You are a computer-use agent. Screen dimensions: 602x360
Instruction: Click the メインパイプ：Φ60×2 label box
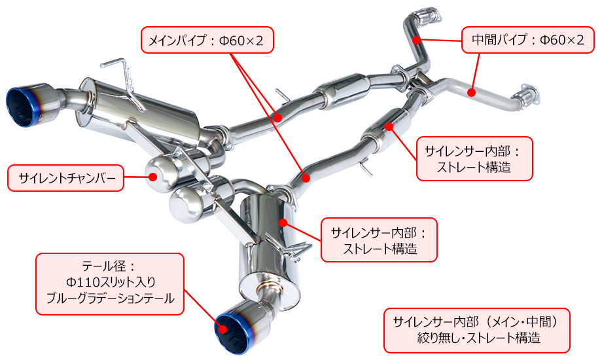207,40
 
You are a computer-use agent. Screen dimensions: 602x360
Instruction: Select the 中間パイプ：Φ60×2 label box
528,40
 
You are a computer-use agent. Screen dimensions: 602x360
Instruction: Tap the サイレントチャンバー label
65,178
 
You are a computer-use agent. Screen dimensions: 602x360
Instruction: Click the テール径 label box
110,284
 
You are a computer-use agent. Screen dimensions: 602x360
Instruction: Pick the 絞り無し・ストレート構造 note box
477,331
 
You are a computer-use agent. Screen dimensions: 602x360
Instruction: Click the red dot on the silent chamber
153,177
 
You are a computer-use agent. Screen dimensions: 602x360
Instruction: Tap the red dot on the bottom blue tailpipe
223,329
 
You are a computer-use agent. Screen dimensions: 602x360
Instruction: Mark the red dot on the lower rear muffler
283,223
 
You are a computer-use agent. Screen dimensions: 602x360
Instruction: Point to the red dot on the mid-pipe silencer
389,126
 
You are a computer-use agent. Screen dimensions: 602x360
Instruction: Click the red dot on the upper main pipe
278,117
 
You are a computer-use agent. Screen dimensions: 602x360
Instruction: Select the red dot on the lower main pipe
306,178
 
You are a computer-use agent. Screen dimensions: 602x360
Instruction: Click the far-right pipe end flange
529,95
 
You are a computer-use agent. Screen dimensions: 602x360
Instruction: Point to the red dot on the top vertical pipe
416,39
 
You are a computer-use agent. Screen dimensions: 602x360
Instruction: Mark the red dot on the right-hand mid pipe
472,92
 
